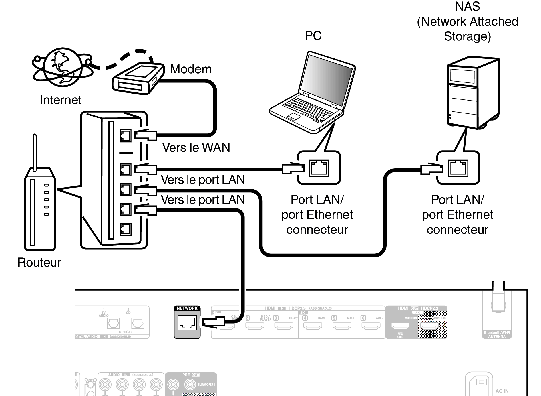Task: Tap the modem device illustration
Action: click(138, 78)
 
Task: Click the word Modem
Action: click(191, 69)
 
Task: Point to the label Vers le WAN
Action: click(196, 147)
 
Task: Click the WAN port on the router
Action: click(126, 136)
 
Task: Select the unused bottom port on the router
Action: click(126, 229)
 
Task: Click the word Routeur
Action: click(39, 262)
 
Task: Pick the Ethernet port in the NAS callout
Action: click(458, 168)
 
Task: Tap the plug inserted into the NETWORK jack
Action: click(213, 322)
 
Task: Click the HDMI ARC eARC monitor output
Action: click(400, 326)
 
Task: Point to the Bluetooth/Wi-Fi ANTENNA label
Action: click(497, 334)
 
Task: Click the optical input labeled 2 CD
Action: click(138, 323)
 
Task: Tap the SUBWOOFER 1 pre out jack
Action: click(190, 385)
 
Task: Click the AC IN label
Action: click(502, 391)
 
